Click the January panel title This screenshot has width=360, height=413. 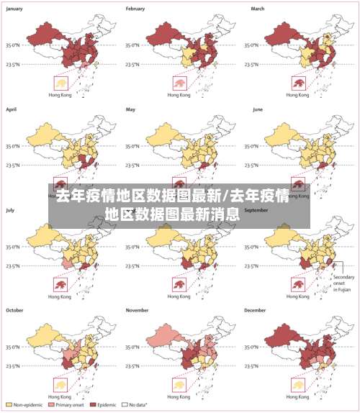click(x=15, y=9)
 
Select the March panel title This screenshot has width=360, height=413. click(x=258, y=9)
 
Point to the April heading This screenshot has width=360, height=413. click(x=12, y=109)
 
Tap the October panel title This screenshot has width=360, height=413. click(x=15, y=310)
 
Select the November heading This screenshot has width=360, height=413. click(x=138, y=310)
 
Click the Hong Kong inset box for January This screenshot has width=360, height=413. click(x=60, y=83)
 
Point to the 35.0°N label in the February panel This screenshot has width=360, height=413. click(x=134, y=45)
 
